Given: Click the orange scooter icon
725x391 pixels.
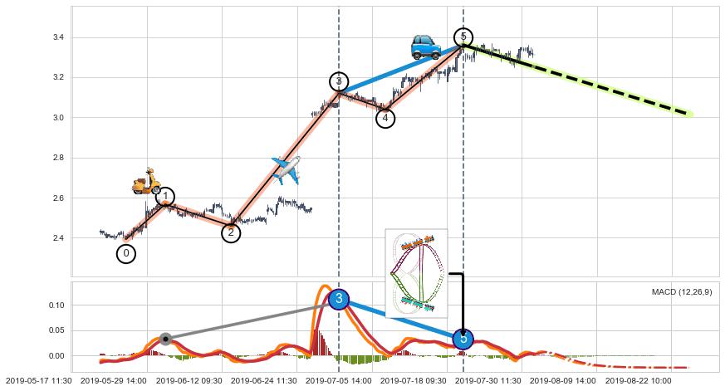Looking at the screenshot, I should pyautogui.click(x=147, y=182).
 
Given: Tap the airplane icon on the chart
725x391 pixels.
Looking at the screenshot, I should pyautogui.click(x=286, y=169).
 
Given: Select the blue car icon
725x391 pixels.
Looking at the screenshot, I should pyautogui.click(x=426, y=46).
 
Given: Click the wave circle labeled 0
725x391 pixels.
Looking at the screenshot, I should pyautogui.click(x=126, y=253).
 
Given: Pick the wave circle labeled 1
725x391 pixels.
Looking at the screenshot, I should pyautogui.click(x=165, y=197).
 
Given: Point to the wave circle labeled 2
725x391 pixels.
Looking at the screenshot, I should pyautogui.click(x=231, y=233).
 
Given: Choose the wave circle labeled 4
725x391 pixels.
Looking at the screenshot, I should pyautogui.click(x=385, y=119).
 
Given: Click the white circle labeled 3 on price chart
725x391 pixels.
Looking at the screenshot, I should pyautogui.click(x=339, y=81).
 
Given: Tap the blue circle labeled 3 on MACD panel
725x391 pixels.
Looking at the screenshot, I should pyautogui.click(x=338, y=299).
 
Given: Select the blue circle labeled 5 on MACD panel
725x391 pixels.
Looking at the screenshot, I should pyautogui.click(x=463, y=339).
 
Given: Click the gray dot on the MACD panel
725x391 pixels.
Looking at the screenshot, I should pyautogui.click(x=165, y=339).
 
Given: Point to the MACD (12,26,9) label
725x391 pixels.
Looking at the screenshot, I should pyautogui.click(x=681, y=292).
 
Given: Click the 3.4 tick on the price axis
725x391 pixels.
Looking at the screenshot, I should pyautogui.click(x=58, y=38).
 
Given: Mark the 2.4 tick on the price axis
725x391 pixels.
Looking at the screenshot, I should pyautogui.click(x=58, y=238).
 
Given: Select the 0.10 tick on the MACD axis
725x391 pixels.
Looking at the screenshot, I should pyautogui.click(x=56, y=305).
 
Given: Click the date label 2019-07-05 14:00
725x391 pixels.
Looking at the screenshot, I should pyautogui.click(x=338, y=380).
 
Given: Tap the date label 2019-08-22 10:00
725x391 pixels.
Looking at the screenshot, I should pyautogui.click(x=639, y=380).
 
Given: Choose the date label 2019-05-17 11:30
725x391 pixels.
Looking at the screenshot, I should pyautogui.click(x=37, y=380).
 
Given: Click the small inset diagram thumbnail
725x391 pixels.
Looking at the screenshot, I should pyautogui.click(x=416, y=272).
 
